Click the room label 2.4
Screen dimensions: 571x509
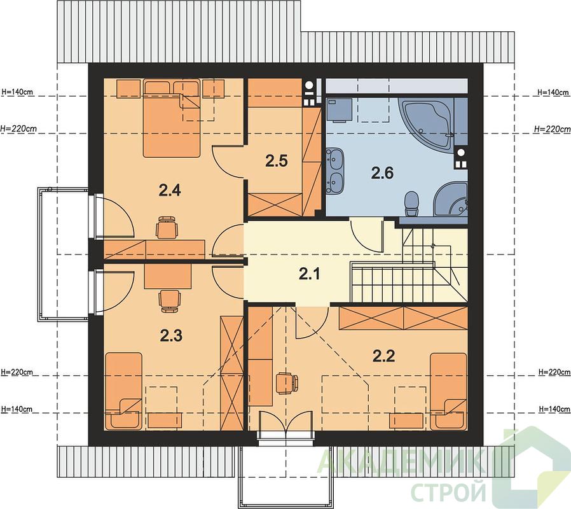coord(170,190)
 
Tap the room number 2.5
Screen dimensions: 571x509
coord(277,161)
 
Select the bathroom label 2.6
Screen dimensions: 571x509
coord(382,172)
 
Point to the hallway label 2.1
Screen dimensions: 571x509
coord(310,274)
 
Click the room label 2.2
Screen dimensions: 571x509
coord(384,356)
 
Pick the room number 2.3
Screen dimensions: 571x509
coord(171,335)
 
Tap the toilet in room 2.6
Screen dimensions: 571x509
coord(412,204)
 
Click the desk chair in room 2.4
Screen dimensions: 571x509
coord(167,227)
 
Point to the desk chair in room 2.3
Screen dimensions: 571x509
coord(170,301)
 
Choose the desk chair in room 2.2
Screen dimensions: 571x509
coord(287,383)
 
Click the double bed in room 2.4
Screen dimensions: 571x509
coord(172,119)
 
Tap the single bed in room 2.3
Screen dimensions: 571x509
coord(123,391)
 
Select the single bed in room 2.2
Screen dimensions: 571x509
coord(448,391)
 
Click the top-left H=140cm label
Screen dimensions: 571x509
coord(17,92)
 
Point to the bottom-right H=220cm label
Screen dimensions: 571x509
coord(554,372)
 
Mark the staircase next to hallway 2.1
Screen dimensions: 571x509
coord(408,265)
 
